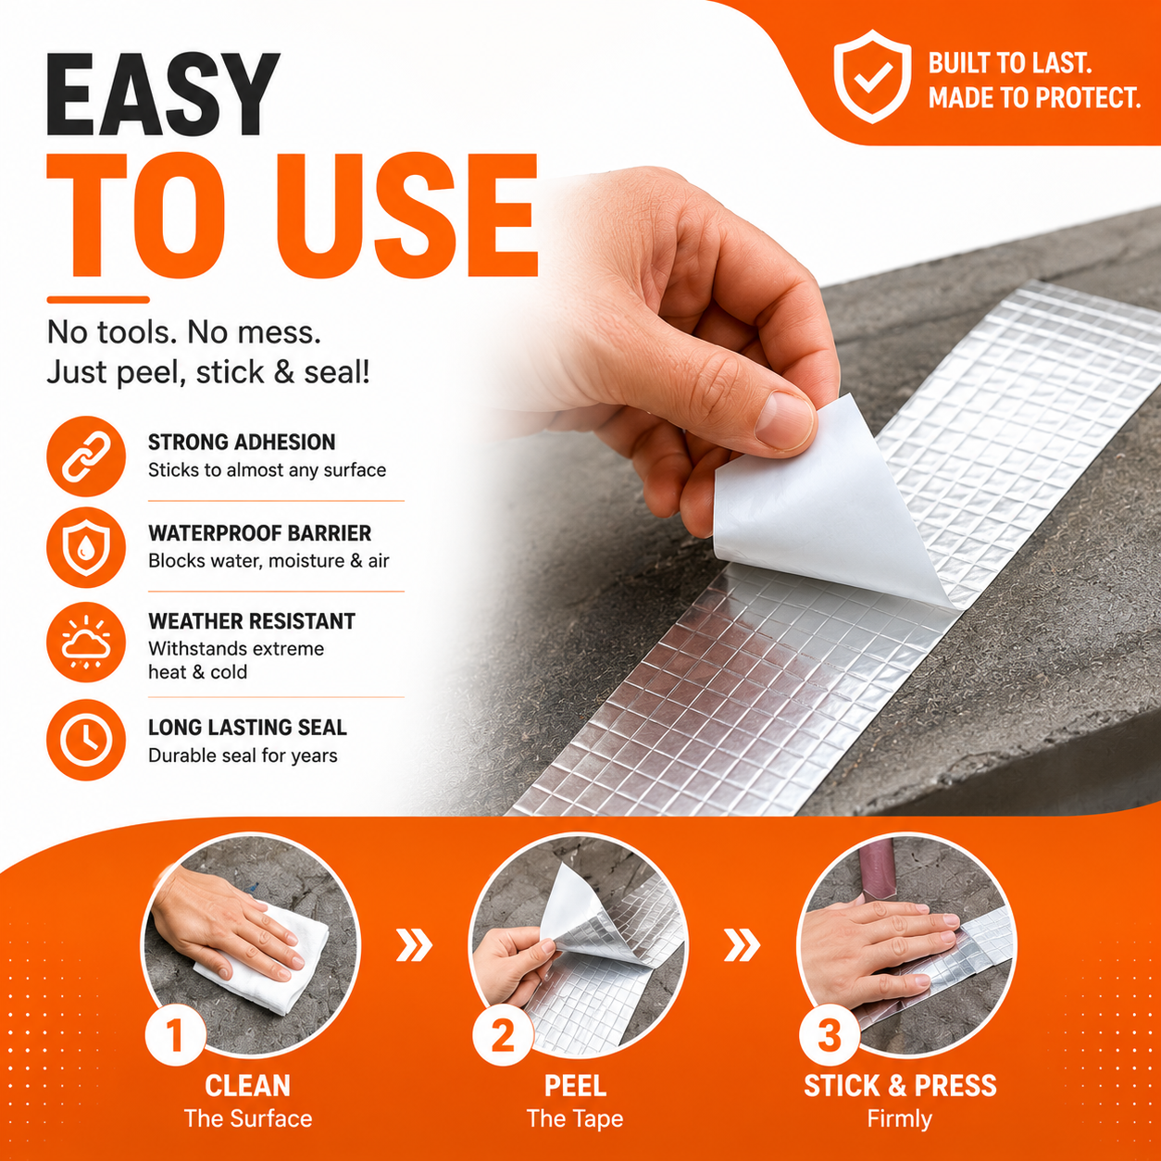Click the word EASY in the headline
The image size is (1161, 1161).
tap(163, 94)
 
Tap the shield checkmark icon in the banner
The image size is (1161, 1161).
tap(872, 77)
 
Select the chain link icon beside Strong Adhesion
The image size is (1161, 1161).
tap(86, 456)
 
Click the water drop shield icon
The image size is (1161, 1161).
tap(86, 548)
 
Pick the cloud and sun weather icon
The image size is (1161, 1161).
tap(86, 642)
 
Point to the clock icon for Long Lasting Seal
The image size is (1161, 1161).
tap(86, 740)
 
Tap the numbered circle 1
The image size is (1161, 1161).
tap(175, 1034)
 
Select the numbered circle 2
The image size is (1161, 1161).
tap(503, 1034)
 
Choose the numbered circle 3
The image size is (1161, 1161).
tap(830, 1034)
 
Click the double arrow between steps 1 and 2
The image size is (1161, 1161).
tap(415, 944)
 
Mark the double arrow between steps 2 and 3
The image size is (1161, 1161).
tap(742, 944)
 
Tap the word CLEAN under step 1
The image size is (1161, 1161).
tap(247, 1086)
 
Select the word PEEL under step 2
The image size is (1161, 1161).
tap(575, 1086)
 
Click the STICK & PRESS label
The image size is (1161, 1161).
tap(900, 1086)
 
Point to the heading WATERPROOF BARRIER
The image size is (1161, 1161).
tap(259, 533)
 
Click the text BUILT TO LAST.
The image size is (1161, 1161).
tap(1010, 63)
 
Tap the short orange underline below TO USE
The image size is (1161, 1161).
tap(98, 299)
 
